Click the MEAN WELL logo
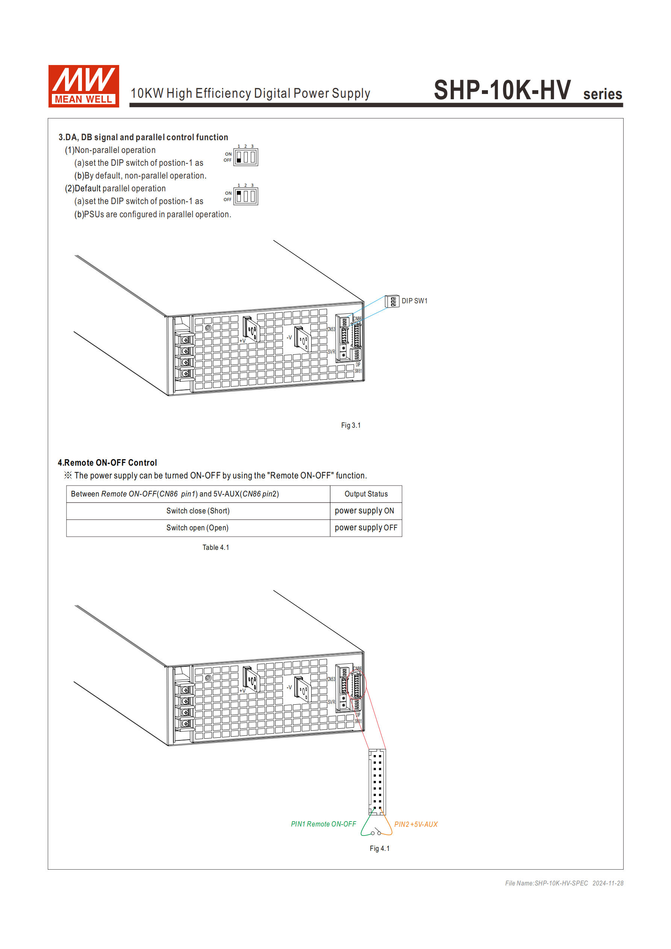tap(83, 86)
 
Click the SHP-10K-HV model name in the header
tap(502, 90)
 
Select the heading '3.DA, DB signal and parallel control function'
tap(143, 137)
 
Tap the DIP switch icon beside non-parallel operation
tap(245, 157)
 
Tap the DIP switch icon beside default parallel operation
tap(245, 196)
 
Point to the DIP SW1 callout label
tap(414, 301)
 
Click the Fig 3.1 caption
tap(351, 425)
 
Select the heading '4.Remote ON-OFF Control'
tap(108, 463)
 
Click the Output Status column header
tap(366, 494)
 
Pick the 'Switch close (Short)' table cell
tap(198, 511)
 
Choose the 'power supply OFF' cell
tap(366, 528)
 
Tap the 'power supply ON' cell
tap(364, 511)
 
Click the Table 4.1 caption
tap(215, 547)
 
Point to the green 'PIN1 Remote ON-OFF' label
tap(323, 824)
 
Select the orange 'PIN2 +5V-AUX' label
tap(415, 824)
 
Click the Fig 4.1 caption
tap(380, 849)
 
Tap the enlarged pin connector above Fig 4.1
tap(377, 781)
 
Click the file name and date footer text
tap(564, 883)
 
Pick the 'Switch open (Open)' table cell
tap(198, 528)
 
